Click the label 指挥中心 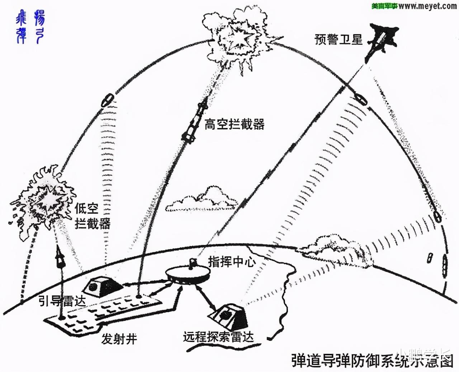(232, 262)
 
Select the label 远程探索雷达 (218, 337)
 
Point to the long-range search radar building (228, 316)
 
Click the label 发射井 (119, 339)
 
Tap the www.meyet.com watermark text (427, 6)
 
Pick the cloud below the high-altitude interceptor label (201, 200)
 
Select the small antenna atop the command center (193, 263)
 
